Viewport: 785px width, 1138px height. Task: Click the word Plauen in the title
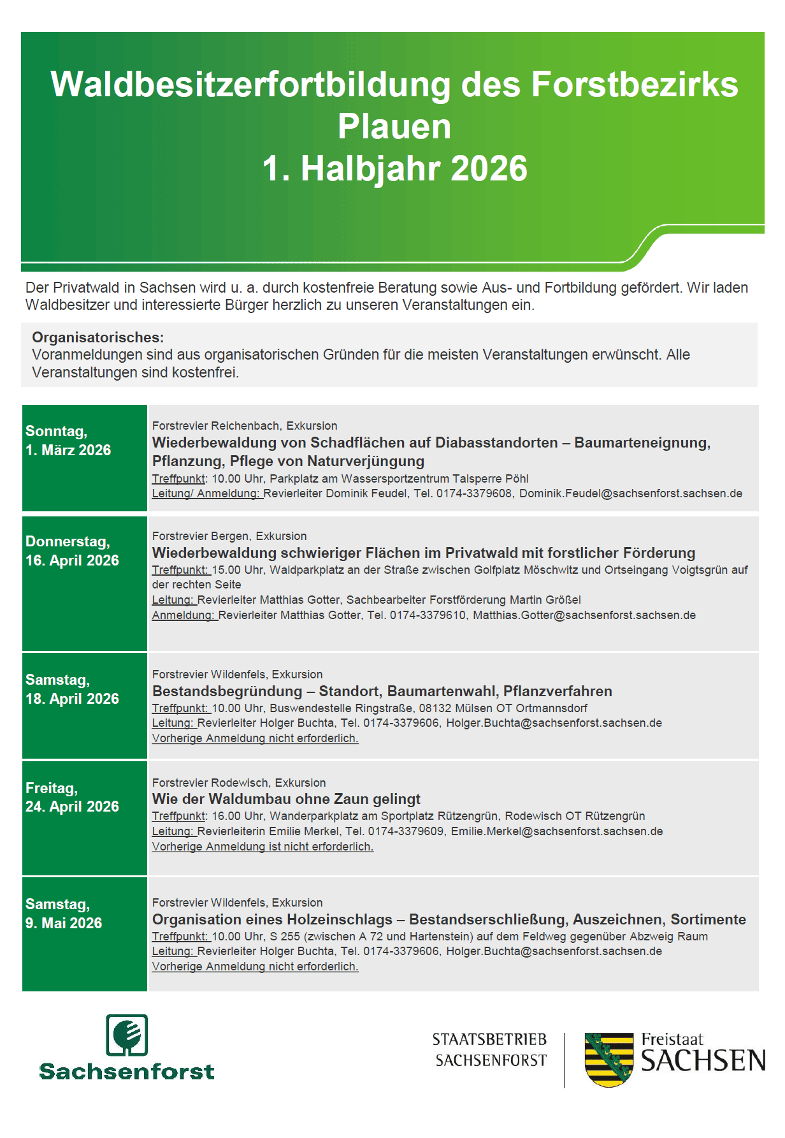click(x=394, y=126)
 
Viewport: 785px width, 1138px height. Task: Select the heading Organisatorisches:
click(x=97, y=337)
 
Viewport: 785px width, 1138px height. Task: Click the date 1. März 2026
click(x=68, y=450)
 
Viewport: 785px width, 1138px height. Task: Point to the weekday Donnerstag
click(x=68, y=541)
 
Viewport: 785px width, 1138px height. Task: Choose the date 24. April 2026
click(x=72, y=806)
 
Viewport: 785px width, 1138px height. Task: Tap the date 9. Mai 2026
click(x=64, y=923)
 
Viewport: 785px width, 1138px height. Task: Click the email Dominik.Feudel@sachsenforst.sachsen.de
click(x=630, y=493)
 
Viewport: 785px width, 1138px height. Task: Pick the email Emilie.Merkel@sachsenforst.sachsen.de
click(x=556, y=831)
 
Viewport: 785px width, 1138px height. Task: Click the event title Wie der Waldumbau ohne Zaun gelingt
click(x=286, y=799)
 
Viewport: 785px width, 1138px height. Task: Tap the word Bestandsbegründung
click(x=227, y=691)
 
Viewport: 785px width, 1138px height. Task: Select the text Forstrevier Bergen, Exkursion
click(x=229, y=536)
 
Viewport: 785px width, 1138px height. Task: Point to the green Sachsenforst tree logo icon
click(x=127, y=1035)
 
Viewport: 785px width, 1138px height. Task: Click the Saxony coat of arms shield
click(x=609, y=1059)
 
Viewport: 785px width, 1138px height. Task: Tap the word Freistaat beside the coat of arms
click(x=672, y=1039)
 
